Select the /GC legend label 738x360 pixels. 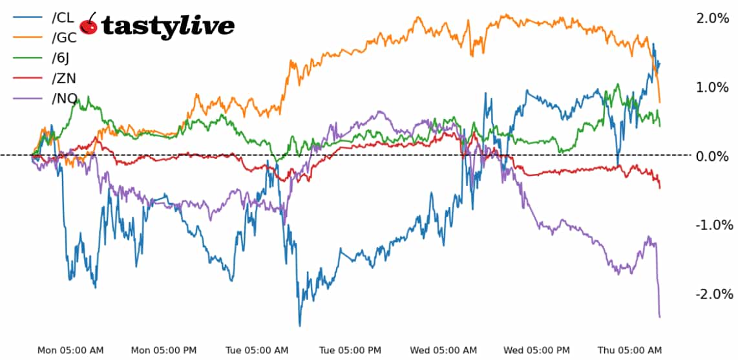click(63, 37)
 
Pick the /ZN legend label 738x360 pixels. click(63, 79)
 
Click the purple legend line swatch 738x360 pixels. click(28, 99)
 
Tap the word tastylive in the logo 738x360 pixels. click(168, 26)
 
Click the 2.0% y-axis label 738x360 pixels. click(712, 18)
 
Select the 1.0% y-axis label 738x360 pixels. click(712, 87)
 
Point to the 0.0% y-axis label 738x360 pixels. click(712, 156)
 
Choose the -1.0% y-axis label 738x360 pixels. click(713, 225)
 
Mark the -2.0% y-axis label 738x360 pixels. click(713, 294)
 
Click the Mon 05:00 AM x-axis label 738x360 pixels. click(70, 350)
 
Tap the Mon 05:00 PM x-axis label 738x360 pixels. click(163, 350)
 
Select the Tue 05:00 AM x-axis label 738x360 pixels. click(257, 350)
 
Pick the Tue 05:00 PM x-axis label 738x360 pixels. click(351, 350)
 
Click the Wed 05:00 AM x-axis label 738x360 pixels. click(445, 350)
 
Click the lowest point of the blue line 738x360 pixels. click(300, 326)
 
